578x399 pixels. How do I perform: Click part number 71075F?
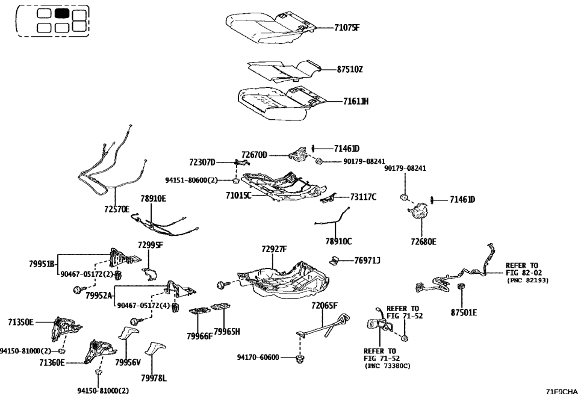tap(347, 27)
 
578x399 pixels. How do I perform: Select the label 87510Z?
tap(350, 69)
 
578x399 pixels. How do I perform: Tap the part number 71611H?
tap(356, 102)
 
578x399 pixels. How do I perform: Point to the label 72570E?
tap(117, 210)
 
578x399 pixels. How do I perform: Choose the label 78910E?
tap(153, 199)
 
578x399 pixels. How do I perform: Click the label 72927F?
tap(274, 249)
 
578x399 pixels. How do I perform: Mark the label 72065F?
tap(325, 306)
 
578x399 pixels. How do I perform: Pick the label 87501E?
tap(464, 313)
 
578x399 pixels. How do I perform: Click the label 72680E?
tap(424, 241)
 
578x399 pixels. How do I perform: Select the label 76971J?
tap(367, 260)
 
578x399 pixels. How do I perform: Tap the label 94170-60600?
tap(258, 357)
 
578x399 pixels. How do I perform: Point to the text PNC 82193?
tap(527, 280)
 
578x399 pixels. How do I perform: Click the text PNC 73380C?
tap(388, 366)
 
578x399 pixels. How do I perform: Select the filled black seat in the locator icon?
tap(61, 14)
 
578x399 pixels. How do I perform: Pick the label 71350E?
tap(21, 323)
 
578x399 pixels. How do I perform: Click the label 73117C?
tap(363, 197)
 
